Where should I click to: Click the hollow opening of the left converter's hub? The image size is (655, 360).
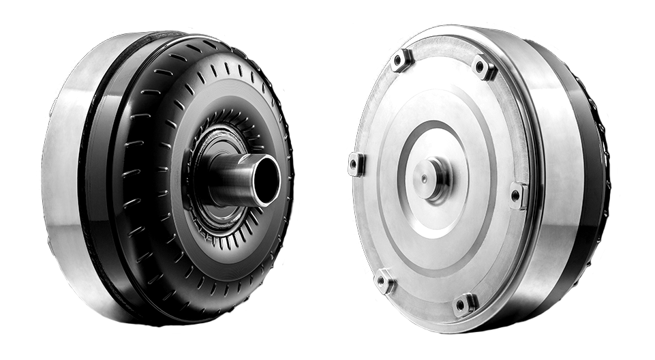265,179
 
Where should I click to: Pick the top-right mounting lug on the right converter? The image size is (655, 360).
483,67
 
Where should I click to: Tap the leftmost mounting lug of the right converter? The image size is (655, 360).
356,164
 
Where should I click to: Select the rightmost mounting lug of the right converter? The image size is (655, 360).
518,195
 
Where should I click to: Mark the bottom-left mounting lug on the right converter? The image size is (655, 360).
384,280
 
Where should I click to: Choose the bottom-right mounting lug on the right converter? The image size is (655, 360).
466,304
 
